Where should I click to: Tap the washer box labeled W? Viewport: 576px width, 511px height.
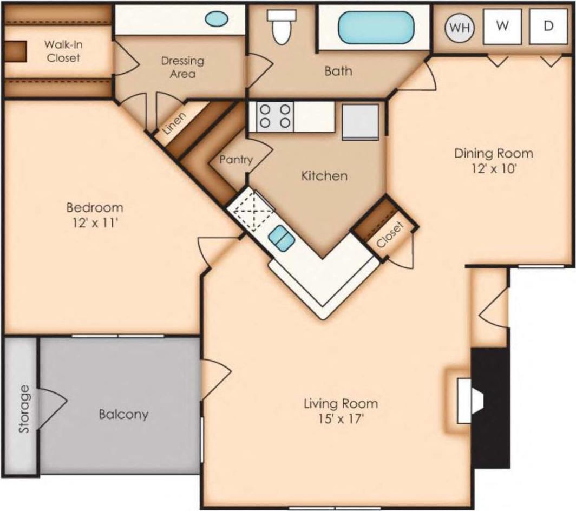click(x=502, y=27)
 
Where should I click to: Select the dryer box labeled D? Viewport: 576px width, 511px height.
click(x=548, y=27)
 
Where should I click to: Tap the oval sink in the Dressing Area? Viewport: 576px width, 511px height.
click(x=217, y=19)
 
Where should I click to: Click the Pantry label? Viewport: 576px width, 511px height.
click(x=236, y=160)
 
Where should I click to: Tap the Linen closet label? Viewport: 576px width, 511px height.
click(x=174, y=124)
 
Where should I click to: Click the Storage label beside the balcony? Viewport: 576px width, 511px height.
click(x=23, y=416)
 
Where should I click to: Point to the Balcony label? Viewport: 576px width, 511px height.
click(x=123, y=415)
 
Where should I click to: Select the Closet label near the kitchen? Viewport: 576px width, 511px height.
click(x=390, y=235)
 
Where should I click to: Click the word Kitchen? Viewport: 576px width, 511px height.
click(x=324, y=175)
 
